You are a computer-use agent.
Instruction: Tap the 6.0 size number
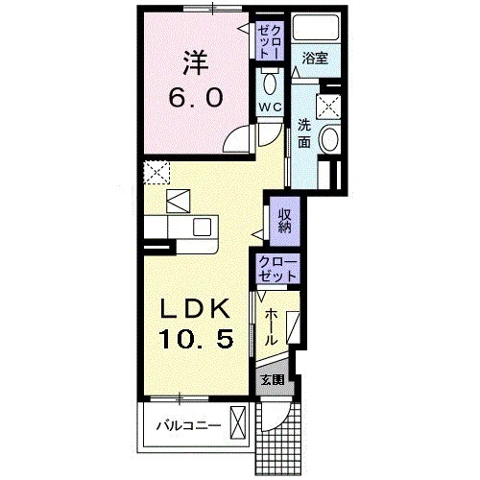[196, 97]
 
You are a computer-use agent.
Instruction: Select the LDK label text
[196, 308]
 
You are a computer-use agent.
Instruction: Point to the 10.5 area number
[196, 339]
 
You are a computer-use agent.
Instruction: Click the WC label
[270, 107]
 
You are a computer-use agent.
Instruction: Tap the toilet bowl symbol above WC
[270, 83]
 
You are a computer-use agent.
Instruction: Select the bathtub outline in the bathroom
[316, 27]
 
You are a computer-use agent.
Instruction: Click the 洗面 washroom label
[304, 133]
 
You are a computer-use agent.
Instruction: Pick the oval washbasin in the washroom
[330, 139]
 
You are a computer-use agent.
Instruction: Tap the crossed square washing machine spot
[328, 107]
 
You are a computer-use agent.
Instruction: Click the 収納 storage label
[284, 221]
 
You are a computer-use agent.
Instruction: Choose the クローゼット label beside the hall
[277, 269]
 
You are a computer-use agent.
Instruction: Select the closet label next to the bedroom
[271, 41]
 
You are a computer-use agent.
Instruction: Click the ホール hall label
[271, 326]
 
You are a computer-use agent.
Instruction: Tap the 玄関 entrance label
[273, 380]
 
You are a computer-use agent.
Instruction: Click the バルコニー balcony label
[188, 425]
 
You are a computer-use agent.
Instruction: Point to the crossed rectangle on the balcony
[240, 422]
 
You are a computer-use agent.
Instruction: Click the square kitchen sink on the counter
[202, 227]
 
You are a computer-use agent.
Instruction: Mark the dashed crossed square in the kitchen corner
[156, 173]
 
